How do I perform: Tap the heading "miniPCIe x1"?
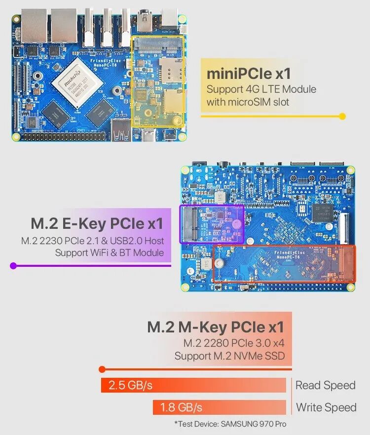tap(249, 74)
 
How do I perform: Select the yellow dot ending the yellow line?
tap(342, 116)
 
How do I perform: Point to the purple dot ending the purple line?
tap(13, 266)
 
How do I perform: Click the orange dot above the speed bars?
tap(102, 369)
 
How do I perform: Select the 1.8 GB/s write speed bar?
tap(219, 407)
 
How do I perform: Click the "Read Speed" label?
tap(326, 385)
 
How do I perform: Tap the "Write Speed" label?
tap(326, 407)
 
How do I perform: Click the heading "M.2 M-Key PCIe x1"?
tap(216, 327)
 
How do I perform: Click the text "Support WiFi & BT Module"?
tap(109, 253)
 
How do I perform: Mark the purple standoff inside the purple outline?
tap(237, 222)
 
